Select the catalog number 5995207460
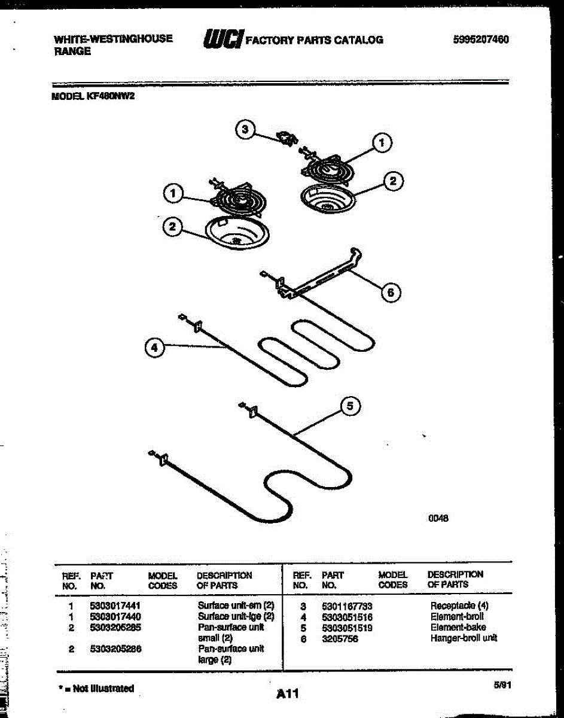(481, 39)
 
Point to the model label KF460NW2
(93, 95)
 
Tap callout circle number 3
(244, 130)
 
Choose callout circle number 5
(350, 406)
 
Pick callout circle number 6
(390, 292)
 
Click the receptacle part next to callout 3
(285, 138)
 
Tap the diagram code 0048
(438, 519)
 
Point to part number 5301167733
(346, 606)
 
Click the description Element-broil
(457, 616)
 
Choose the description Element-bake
(458, 627)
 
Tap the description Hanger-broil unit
(463, 638)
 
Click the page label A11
(287, 694)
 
